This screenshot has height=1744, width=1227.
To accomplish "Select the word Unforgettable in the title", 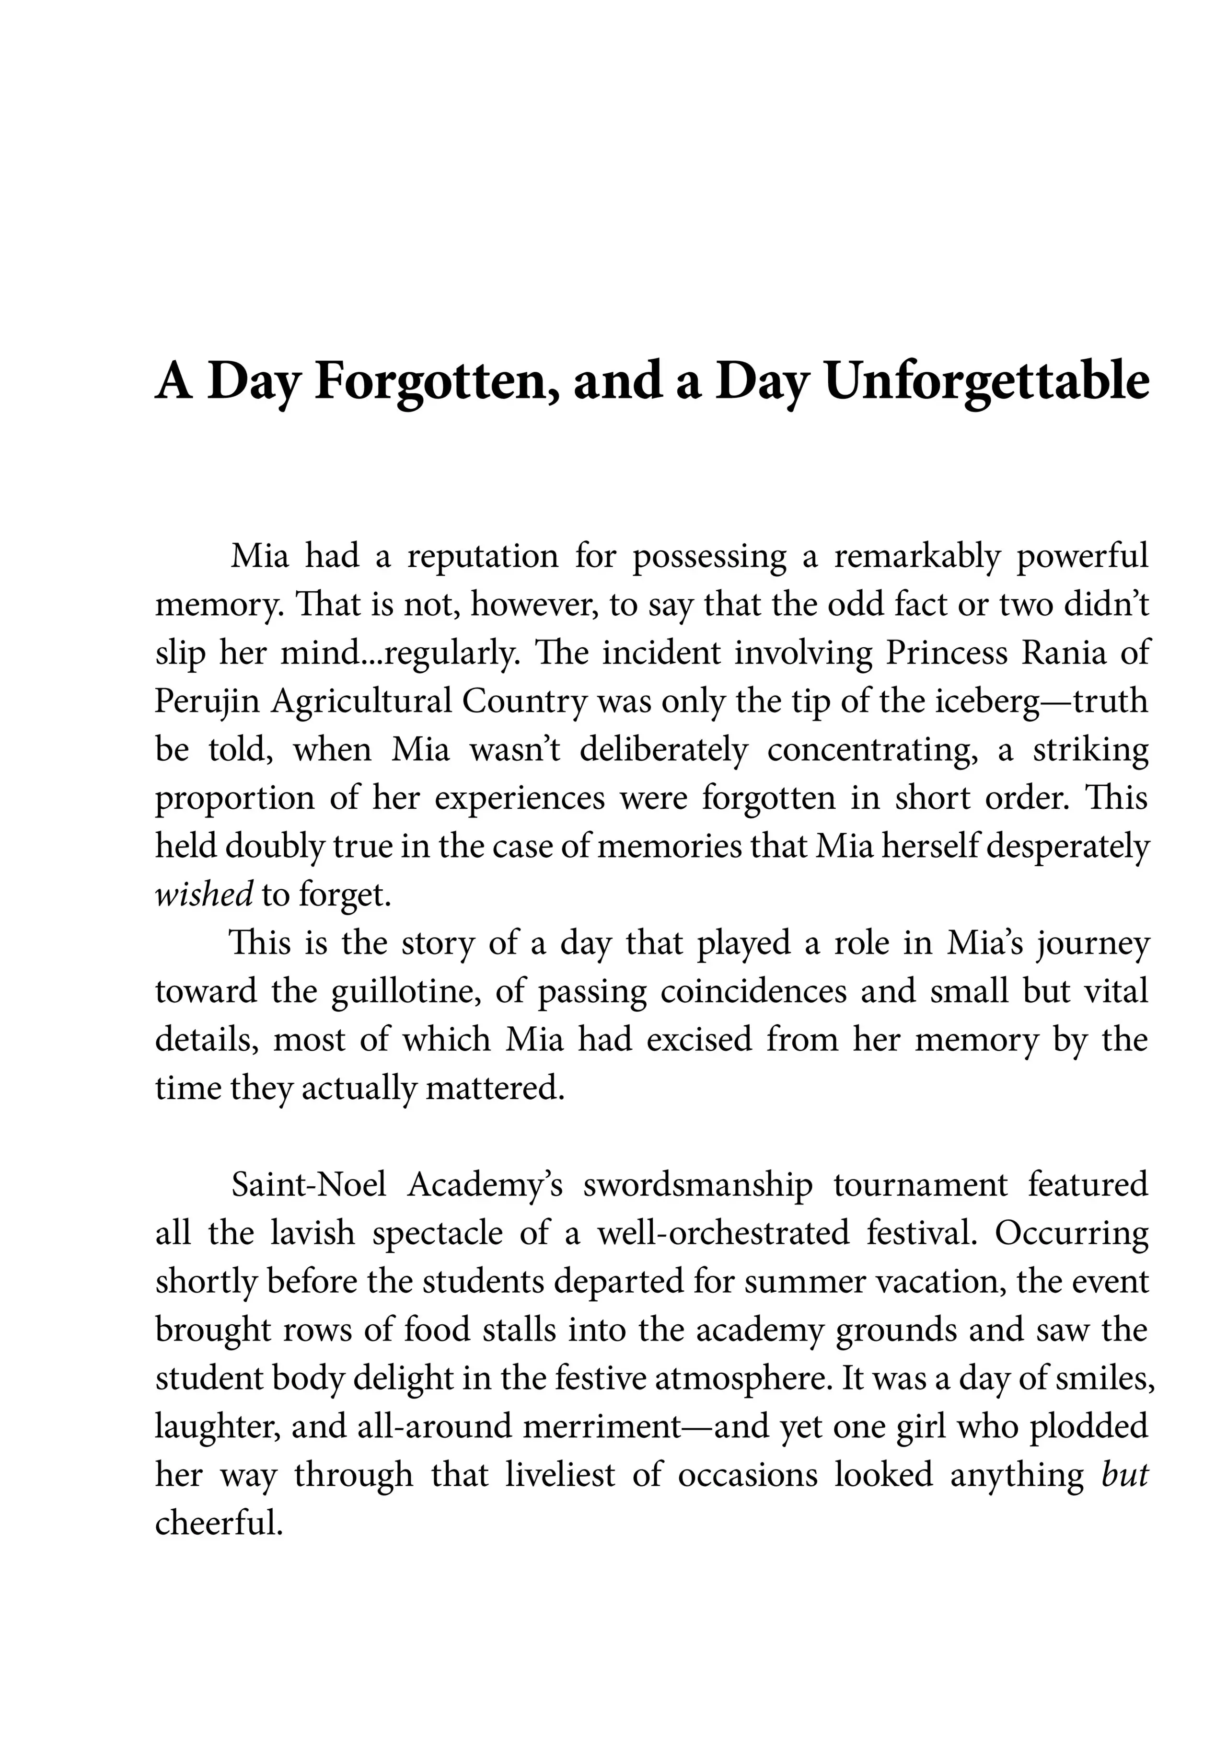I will (986, 381).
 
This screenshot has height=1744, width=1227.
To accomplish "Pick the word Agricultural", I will (361, 701).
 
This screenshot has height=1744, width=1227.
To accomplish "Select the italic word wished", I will (203, 895).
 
